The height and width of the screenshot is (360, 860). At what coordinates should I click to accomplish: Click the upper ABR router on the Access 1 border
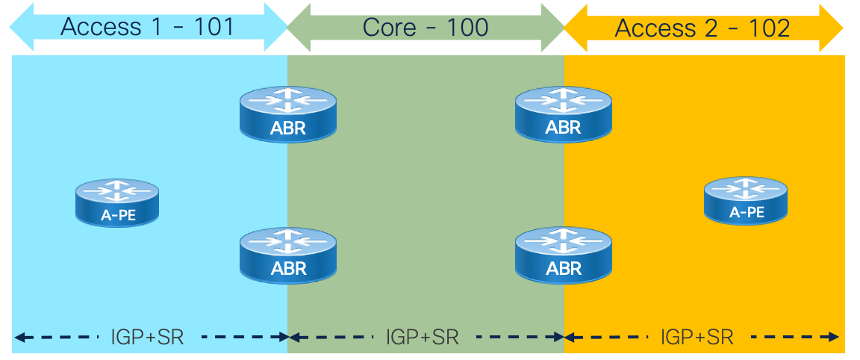click(x=287, y=114)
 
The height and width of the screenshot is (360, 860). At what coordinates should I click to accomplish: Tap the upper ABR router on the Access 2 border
click(x=563, y=114)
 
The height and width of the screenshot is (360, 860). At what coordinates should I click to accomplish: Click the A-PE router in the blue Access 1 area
click(x=117, y=202)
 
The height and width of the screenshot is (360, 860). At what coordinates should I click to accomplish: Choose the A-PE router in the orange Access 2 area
click(x=746, y=199)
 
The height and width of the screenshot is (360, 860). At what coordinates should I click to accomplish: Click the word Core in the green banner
click(x=389, y=28)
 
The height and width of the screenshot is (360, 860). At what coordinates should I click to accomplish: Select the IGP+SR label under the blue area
click(x=148, y=337)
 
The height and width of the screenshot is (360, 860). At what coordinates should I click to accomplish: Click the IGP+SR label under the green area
click(x=423, y=337)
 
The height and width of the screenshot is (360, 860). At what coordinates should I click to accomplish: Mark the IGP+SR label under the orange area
click(x=697, y=337)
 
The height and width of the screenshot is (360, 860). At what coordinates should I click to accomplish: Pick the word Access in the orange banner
click(x=655, y=28)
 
